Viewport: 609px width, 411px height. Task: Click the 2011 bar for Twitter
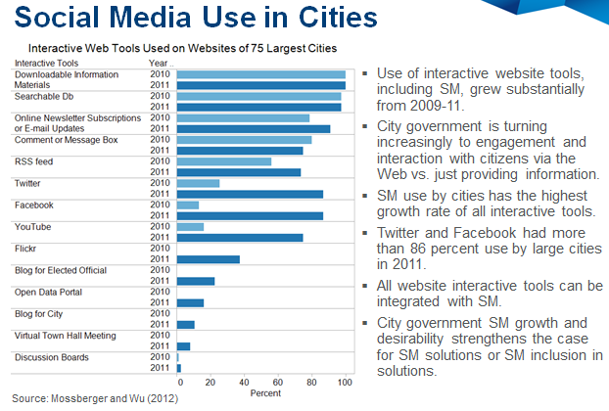(x=250, y=194)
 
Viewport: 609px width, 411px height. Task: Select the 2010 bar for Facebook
(x=188, y=205)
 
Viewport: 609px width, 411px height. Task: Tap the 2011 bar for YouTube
(x=240, y=237)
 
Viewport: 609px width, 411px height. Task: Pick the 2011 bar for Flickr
(x=208, y=259)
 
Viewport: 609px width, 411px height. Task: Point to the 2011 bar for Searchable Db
(x=258, y=107)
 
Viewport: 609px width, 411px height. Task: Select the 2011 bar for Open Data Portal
(x=190, y=302)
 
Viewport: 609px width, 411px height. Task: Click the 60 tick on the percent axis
(x=277, y=383)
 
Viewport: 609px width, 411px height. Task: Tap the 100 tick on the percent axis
(x=344, y=383)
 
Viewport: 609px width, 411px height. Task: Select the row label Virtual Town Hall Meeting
(x=64, y=335)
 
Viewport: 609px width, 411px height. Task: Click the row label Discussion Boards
(x=48, y=356)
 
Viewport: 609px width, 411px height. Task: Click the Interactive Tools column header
(x=39, y=63)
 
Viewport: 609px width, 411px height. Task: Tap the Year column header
(x=158, y=63)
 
